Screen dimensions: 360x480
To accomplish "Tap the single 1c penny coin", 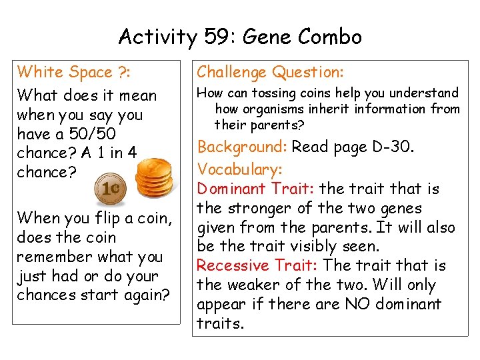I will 110,189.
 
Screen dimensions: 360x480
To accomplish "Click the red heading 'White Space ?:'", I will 65,71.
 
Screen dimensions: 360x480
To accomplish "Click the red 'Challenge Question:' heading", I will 269,72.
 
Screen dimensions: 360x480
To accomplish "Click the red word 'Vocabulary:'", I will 239,169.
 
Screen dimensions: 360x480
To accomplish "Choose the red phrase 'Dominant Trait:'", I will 247,189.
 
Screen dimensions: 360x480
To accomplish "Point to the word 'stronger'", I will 255,207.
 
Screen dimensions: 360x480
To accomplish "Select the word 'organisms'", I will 271,109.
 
